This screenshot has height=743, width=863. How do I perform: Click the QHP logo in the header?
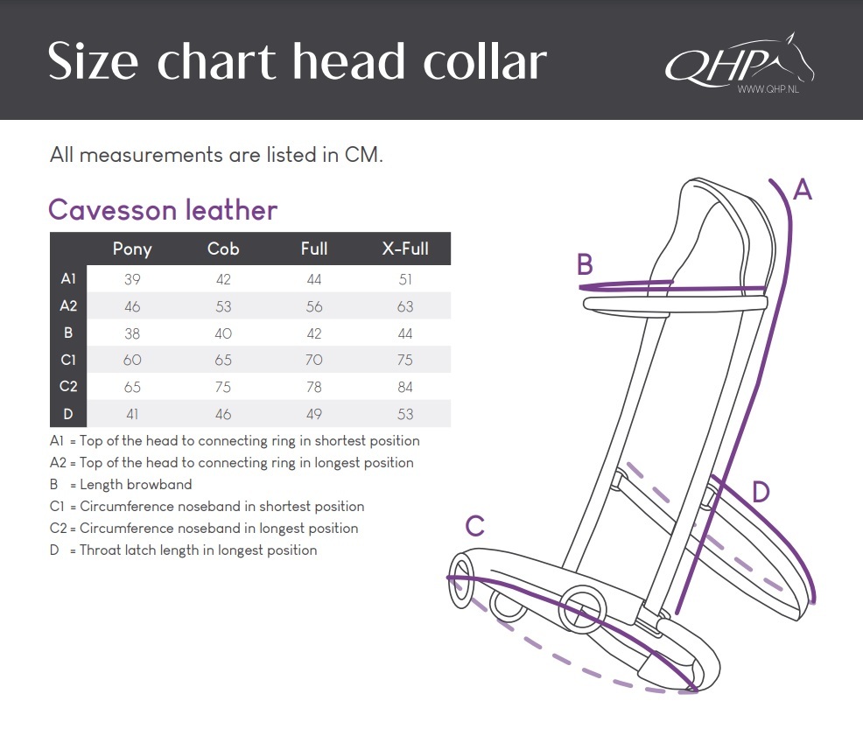coord(740,63)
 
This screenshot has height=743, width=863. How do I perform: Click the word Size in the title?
coord(93,61)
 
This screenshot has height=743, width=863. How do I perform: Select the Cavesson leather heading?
coord(163,210)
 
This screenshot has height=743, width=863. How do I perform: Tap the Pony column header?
coord(132,249)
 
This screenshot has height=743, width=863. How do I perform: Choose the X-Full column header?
coord(405,249)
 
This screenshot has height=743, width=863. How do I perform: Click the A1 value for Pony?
coord(132,279)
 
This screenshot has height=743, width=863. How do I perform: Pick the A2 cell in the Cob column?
coord(223,306)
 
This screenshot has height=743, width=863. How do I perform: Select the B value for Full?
coord(313,333)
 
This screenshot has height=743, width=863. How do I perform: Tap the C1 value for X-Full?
coord(405,360)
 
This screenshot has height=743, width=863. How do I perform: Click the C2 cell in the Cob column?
coord(223,387)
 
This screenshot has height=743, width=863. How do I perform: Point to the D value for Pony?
coord(132,414)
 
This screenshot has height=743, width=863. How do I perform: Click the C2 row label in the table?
coord(68,386)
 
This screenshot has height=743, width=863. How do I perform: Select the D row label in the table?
coord(68,414)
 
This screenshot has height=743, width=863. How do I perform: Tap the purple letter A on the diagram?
coord(803,190)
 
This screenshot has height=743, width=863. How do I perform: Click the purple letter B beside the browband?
coord(585,264)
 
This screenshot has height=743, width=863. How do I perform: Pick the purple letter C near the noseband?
coord(475,526)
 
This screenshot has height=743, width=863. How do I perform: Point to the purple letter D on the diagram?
coord(761,492)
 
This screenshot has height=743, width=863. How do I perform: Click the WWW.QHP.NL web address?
coord(768,89)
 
